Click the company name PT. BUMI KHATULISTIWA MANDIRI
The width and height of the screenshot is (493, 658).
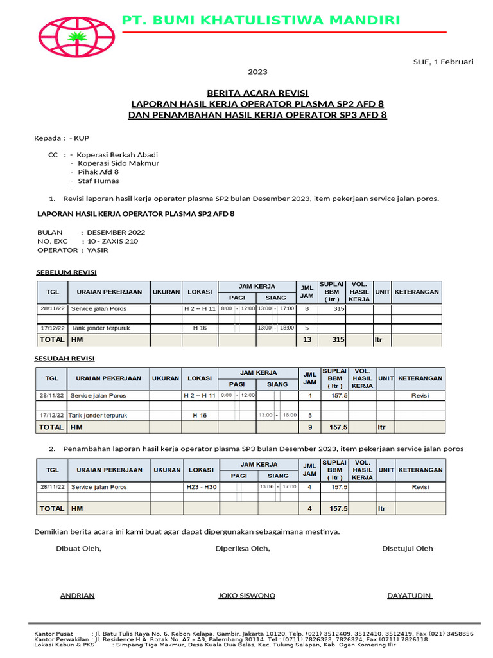pyautogui.click(x=261, y=21)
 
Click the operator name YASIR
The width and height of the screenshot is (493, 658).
pyautogui.click(x=98, y=250)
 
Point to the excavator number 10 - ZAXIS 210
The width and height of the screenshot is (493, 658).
pyautogui.click(x=112, y=241)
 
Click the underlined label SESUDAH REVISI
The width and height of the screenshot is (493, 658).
pyautogui.click(x=64, y=359)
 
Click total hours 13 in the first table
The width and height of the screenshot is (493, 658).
pyautogui.click(x=306, y=339)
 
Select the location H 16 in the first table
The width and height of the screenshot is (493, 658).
pyautogui.click(x=200, y=328)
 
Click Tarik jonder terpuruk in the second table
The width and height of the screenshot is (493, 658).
pyautogui.click(x=98, y=415)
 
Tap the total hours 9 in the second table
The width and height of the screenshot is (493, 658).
pyautogui.click(x=310, y=427)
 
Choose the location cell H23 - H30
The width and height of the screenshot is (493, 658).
pyautogui.click(x=201, y=487)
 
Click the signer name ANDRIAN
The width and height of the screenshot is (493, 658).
pyautogui.click(x=77, y=596)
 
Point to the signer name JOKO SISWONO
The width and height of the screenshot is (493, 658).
pyautogui.click(x=246, y=596)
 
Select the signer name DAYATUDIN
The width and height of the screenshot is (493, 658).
pyautogui.click(x=410, y=596)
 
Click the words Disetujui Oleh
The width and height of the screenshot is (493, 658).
pyautogui.click(x=407, y=548)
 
